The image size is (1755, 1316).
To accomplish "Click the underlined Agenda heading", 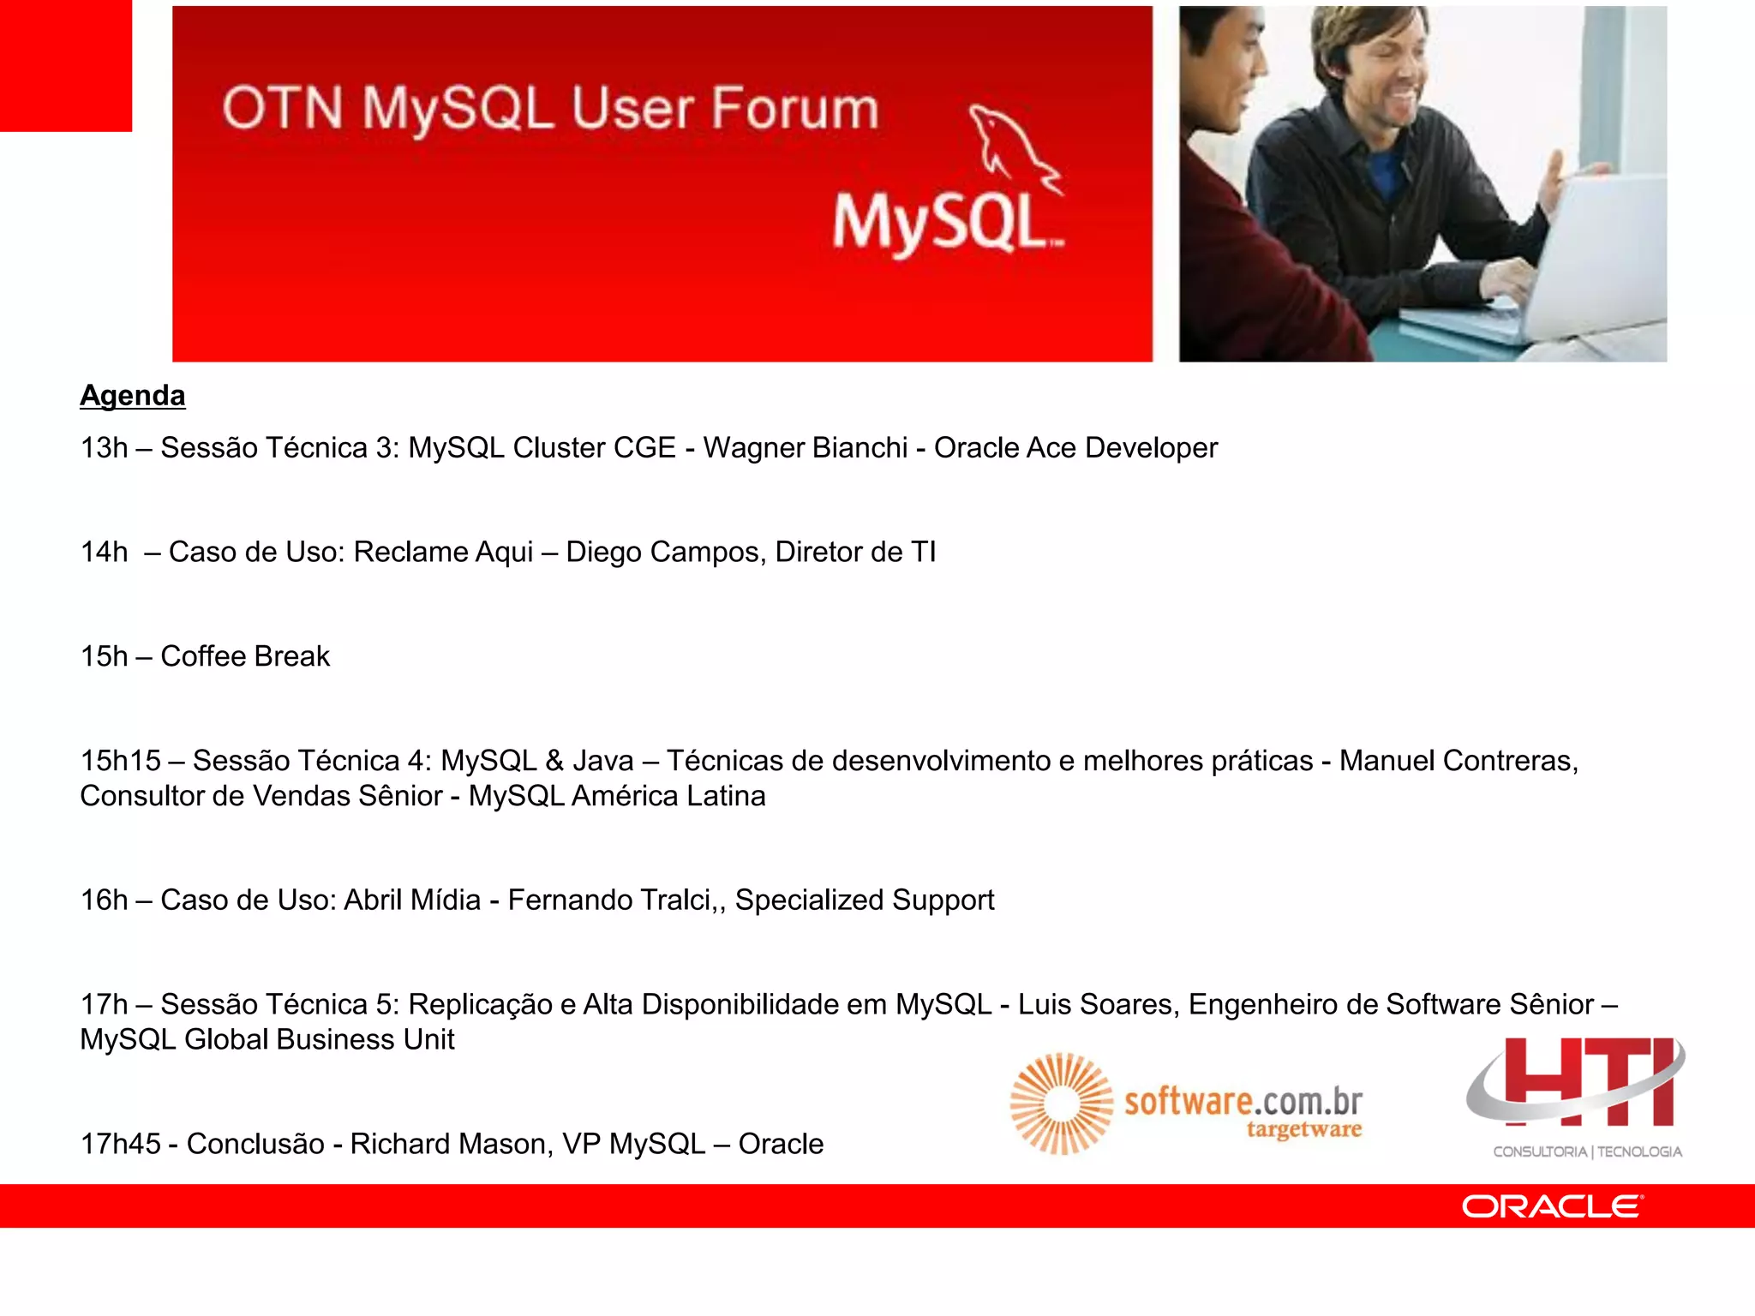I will coord(133,396).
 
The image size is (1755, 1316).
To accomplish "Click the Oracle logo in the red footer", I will coord(1552,1206).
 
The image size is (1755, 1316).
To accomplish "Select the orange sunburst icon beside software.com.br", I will coord(1061,1104).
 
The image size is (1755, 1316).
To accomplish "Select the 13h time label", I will coord(104,448).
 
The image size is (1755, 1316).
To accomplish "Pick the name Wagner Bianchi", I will coord(806,448).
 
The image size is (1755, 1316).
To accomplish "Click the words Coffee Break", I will coord(245,656).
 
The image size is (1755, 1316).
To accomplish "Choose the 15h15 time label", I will coord(120,761).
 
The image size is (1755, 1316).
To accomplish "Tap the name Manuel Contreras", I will coord(1457,761).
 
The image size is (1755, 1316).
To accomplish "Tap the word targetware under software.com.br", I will coord(1303,1130).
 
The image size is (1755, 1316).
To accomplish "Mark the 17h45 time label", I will coord(120,1145).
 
